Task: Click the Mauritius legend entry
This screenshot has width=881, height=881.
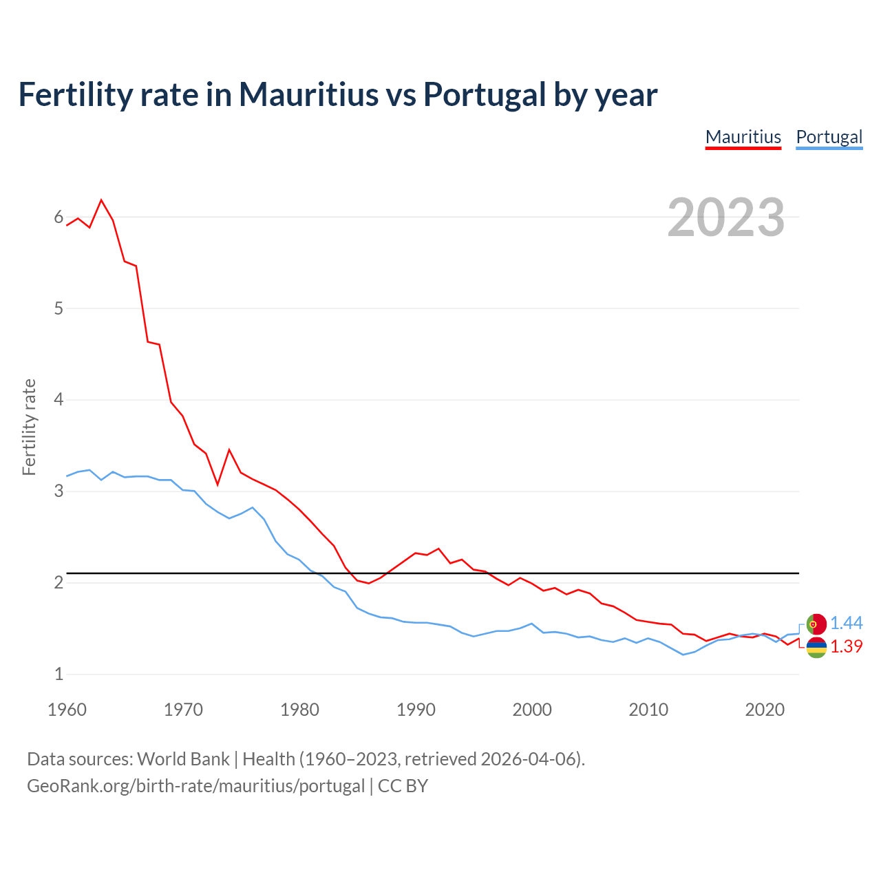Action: pyautogui.click(x=743, y=137)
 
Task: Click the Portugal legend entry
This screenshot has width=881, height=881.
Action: pyautogui.click(x=829, y=137)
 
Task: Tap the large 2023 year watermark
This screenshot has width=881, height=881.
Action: pyautogui.click(x=726, y=217)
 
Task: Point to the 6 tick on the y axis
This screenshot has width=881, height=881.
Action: pyautogui.click(x=59, y=217)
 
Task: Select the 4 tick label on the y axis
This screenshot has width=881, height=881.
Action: pyautogui.click(x=59, y=400)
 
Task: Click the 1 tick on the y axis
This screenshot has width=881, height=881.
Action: pyautogui.click(x=59, y=675)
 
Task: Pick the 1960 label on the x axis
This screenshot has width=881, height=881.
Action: pyautogui.click(x=67, y=710)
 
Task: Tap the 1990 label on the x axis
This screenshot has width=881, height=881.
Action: pyautogui.click(x=416, y=710)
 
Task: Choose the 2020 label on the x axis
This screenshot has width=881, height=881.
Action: pyautogui.click(x=765, y=710)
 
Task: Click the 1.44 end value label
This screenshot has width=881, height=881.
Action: pyautogui.click(x=846, y=623)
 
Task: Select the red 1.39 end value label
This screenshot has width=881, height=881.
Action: pyautogui.click(x=846, y=646)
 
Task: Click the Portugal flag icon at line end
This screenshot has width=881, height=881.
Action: pyautogui.click(x=816, y=624)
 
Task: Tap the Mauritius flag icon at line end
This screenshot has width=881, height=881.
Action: pyautogui.click(x=816, y=647)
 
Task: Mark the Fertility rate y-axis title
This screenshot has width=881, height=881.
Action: pyautogui.click(x=29, y=427)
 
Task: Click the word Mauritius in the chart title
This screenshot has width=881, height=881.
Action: pyautogui.click(x=308, y=94)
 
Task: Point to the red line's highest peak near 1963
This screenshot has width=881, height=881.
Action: pyautogui.click(x=102, y=200)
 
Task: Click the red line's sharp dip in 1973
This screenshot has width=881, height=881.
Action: pyautogui.click(x=217, y=485)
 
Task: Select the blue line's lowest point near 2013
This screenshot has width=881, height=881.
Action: pyautogui.click(x=683, y=655)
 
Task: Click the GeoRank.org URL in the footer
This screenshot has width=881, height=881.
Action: pyautogui.click(x=195, y=786)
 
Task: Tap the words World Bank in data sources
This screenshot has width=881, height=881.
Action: pyautogui.click(x=183, y=759)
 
